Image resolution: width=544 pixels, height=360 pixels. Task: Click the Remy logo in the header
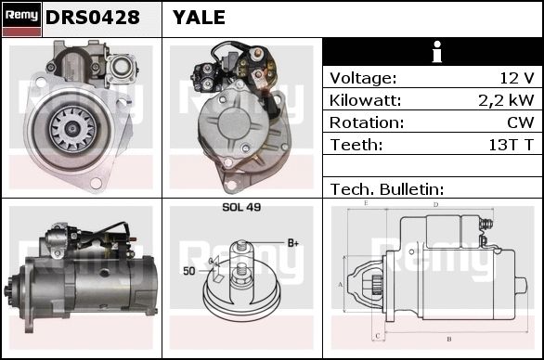pyautogui.click(x=21, y=19)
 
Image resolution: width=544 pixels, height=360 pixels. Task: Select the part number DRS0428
pyautogui.click(x=93, y=18)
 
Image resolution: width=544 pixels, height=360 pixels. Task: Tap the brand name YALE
pyautogui.click(x=200, y=18)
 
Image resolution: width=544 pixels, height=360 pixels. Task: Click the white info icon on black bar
pyautogui.click(x=437, y=52)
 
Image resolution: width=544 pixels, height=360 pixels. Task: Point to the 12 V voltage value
pyautogui.click(x=517, y=78)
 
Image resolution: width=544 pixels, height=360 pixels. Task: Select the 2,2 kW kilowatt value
pyautogui.click(x=506, y=100)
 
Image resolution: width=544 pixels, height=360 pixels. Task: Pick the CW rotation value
pyautogui.click(x=521, y=122)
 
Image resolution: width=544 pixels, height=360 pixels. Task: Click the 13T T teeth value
pyautogui.click(x=511, y=145)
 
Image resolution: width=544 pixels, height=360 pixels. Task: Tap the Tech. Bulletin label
pyautogui.click(x=387, y=189)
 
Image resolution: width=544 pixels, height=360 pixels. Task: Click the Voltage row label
pyautogui.click(x=363, y=78)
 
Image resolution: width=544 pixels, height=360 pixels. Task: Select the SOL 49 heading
pyautogui.click(x=241, y=207)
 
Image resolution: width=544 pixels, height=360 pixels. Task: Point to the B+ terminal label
pyautogui.click(x=293, y=243)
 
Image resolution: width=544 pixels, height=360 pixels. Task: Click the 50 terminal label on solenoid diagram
pyautogui.click(x=189, y=271)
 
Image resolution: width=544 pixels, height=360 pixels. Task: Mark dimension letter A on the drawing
pyautogui.click(x=341, y=285)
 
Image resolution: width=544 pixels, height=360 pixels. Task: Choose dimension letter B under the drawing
pyautogui.click(x=449, y=339)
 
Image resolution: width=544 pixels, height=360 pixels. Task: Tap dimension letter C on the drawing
pyautogui.click(x=378, y=336)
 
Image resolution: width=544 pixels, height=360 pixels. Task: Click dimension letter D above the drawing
pyautogui.click(x=436, y=205)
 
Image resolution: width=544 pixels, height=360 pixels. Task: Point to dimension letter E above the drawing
pyautogui.click(x=366, y=203)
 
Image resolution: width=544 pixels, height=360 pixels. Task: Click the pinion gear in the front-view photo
pyautogui.click(x=71, y=129)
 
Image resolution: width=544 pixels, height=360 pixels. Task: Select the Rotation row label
pyautogui.click(x=367, y=122)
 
